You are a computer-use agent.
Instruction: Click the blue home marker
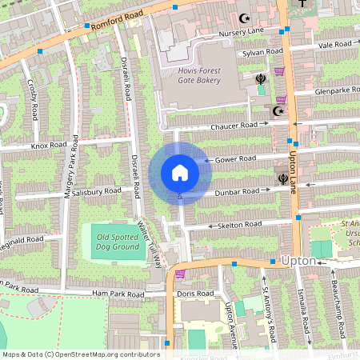[180, 172]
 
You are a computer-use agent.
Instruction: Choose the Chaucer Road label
[234, 126]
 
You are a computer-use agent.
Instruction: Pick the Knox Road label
[48, 146]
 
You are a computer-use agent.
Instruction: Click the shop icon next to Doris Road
[180, 274]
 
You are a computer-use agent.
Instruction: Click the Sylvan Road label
[263, 52]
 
